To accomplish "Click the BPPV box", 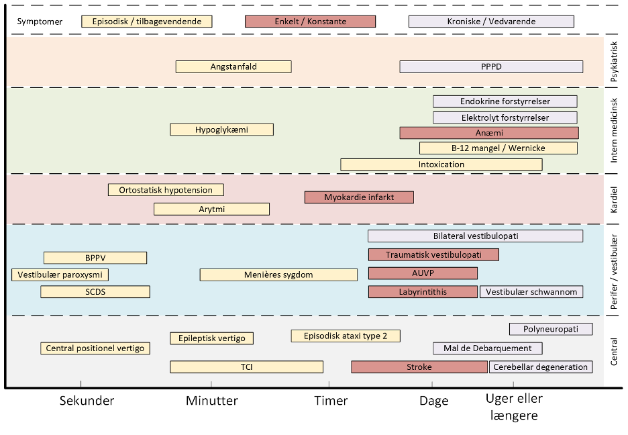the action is tap(95, 258).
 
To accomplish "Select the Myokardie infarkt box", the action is tap(359, 197).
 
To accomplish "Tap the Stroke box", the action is tap(419, 367).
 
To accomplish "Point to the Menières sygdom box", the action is tap(278, 275).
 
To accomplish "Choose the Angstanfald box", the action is tap(233, 66).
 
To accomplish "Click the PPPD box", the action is tap(491, 66).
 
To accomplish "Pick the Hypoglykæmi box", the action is tap(221, 130).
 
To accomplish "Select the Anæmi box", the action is tap(489, 133).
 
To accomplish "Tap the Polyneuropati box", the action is tap(551, 329).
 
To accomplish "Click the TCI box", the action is tap(246, 367).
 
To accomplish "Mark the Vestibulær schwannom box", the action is tap(531, 291).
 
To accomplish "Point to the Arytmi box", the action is tap(211, 209).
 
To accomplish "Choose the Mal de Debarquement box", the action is tap(487, 348).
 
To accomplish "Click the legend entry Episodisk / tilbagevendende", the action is tap(146, 21).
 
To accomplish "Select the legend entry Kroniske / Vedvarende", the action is tap(491, 21).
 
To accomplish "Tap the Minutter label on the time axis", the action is tap(212, 401).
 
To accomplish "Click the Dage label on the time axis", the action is tap(433, 401).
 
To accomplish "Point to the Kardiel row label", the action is tap(614, 199).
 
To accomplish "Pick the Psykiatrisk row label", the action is tap(614, 62).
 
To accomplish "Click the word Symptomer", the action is tap(40, 21).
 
